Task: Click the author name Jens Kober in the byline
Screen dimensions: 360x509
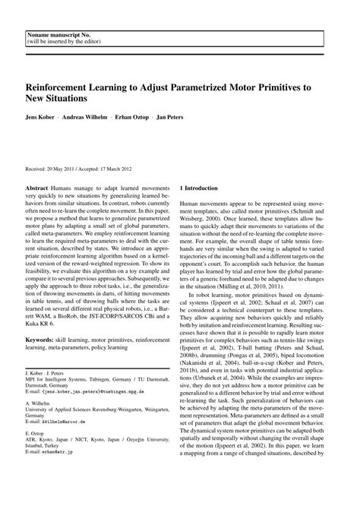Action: (42, 119)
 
